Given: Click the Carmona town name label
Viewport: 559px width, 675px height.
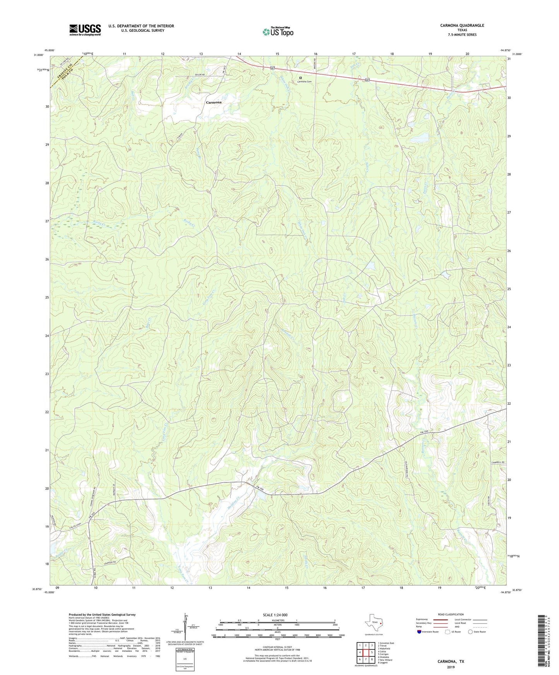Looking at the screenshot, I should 214,102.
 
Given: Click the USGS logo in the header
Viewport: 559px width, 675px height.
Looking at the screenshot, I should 85,30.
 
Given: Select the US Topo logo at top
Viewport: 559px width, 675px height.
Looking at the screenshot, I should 278,32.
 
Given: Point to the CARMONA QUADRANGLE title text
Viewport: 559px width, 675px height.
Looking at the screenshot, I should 462,26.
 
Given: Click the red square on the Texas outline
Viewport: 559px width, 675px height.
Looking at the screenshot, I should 381,623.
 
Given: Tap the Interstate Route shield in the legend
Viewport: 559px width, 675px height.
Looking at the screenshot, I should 419,632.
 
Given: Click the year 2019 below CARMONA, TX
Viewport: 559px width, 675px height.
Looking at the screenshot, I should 451,667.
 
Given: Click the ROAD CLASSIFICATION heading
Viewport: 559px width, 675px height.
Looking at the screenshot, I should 451,614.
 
